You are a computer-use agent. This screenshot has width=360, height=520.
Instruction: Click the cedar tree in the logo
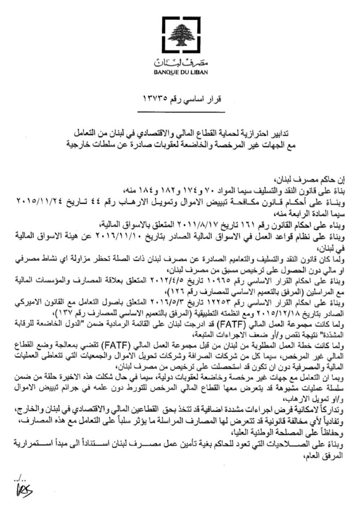point(181,35)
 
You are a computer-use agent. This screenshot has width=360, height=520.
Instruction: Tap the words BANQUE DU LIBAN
point(181,72)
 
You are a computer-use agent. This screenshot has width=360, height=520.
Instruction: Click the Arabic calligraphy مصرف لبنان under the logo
point(181,63)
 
